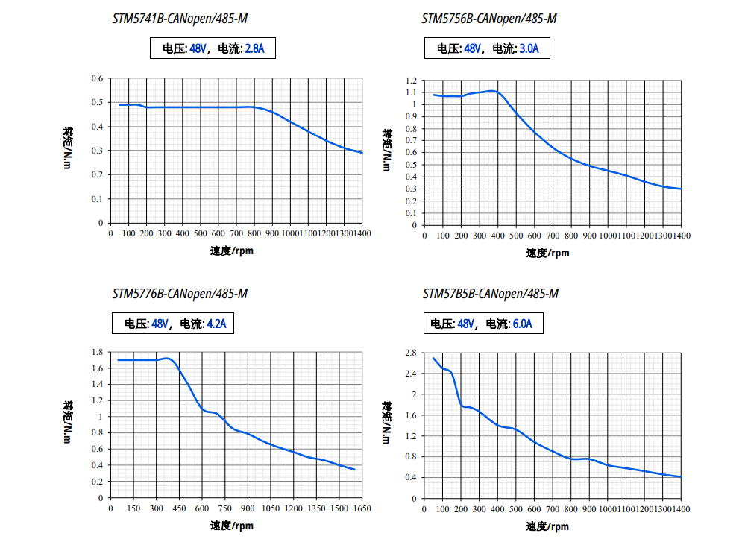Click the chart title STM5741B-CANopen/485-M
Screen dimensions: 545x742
(179, 19)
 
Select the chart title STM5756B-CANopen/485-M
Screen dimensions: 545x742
(489, 19)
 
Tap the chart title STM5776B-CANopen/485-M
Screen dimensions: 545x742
(180, 294)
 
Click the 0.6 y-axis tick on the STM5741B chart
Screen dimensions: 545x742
(97, 78)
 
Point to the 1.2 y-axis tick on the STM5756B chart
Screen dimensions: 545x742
(411, 81)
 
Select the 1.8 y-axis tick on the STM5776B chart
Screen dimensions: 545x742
(97, 353)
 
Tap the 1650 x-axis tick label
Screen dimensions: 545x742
(362, 508)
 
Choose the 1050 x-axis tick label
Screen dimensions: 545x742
(271, 508)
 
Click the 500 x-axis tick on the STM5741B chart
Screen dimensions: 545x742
(201, 234)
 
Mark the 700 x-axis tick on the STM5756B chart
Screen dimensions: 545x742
(553, 236)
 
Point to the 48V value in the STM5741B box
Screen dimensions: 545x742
(198, 50)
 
